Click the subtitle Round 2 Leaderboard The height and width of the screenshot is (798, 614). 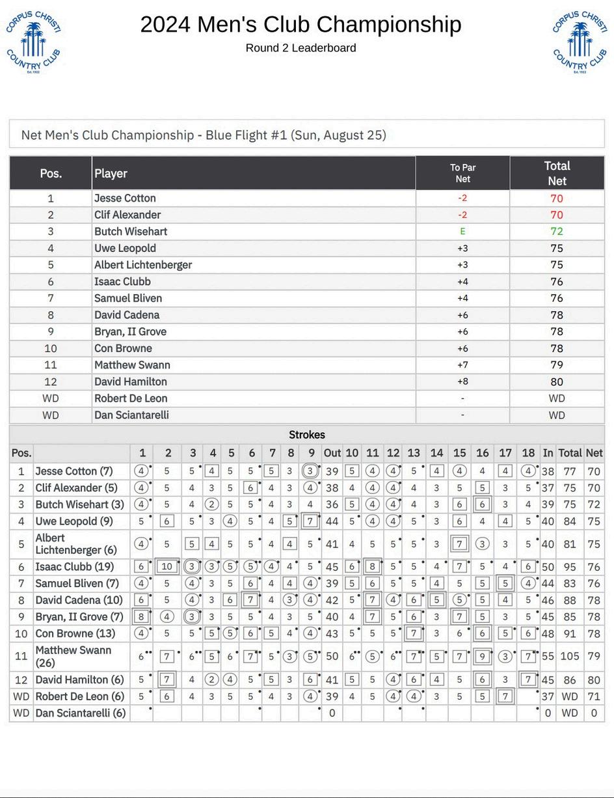click(x=300, y=48)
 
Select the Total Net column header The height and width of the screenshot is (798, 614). click(x=557, y=173)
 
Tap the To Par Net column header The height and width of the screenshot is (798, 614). click(x=462, y=173)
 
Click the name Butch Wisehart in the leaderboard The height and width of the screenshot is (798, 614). click(x=131, y=232)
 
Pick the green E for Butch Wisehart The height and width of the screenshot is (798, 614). click(x=462, y=231)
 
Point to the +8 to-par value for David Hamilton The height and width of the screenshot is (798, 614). click(x=462, y=382)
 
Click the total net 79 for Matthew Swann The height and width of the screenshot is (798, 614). click(x=557, y=365)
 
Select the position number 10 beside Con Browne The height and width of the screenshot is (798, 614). click(x=50, y=348)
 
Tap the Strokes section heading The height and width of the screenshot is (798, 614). click(x=307, y=434)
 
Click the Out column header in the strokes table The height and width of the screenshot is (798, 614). click(x=332, y=453)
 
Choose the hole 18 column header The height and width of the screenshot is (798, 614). click(x=528, y=453)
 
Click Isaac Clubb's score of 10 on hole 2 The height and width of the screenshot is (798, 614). click(x=167, y=567)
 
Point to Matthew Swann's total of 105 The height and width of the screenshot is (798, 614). click(x=570, y=656)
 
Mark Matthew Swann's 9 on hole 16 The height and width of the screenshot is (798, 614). click(x=482, y=656)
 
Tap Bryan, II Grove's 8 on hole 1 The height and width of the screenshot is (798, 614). click(x=141, y=617)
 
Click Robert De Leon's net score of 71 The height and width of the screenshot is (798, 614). click(x=593, y=696)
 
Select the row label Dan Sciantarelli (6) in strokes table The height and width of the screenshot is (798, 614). click(x=81, y=713)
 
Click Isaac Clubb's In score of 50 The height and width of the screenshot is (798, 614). click(x=548, y=567)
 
